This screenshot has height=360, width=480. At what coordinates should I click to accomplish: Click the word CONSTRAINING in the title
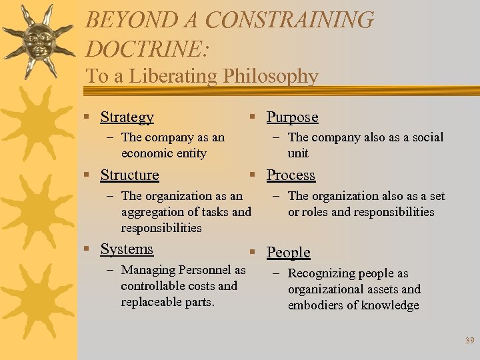[x=290, y=20]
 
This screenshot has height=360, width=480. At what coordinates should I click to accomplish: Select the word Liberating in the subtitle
[x=175, y=76]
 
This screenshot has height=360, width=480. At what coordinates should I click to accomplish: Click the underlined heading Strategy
[x=127, y=117]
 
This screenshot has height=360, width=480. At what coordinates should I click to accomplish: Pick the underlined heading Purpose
[x=292, y=117]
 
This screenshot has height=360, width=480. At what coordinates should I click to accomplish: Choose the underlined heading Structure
[x=129, y=175]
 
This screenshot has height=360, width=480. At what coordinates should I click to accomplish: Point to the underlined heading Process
[x=291, y=175]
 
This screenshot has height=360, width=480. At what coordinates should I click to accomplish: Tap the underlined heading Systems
[x=127, y=249]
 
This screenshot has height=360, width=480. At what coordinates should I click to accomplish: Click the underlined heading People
[x=289, y=253]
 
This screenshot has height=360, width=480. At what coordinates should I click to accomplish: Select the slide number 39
[x=469, y=341]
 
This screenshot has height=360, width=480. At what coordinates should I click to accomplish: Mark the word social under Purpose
[x=426, y=137]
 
